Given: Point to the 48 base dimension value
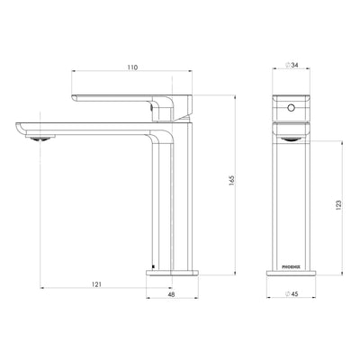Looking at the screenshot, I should [x=172, y=292].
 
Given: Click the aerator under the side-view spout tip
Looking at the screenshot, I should [x=36, y=138].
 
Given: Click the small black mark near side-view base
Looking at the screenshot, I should [x=154, y=267].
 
